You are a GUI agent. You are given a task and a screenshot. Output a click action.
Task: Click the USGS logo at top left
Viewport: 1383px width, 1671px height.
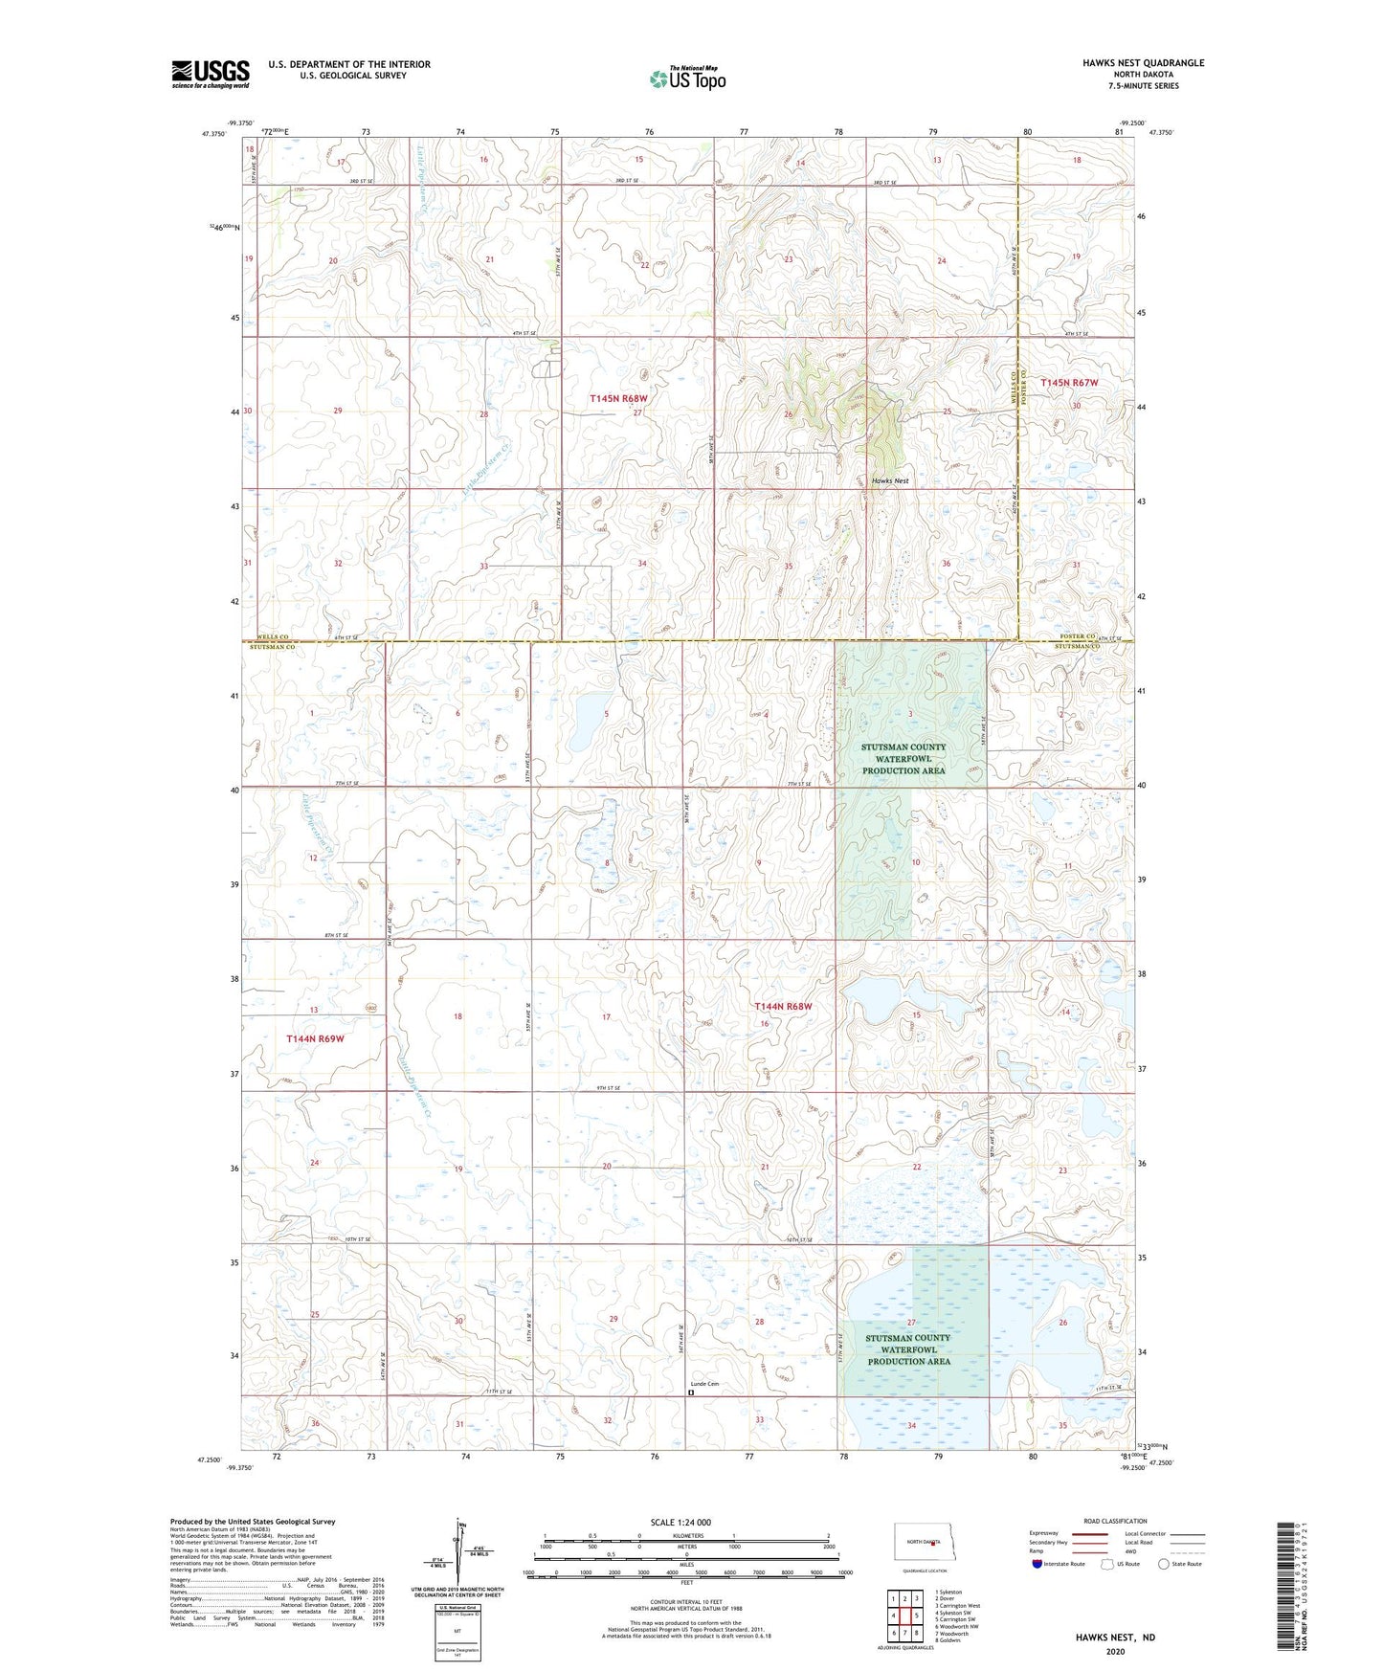click(x=210, y=74)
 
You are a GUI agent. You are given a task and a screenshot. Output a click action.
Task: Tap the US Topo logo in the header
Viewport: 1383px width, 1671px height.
click(x=687, y=78)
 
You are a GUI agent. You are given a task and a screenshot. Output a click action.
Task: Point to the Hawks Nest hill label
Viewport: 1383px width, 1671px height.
click(x=889, y=480)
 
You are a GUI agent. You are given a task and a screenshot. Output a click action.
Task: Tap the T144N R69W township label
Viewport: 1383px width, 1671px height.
click(x=315, y=1038)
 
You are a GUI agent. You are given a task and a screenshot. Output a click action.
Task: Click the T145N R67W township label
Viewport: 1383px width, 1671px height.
click(x=1069, y=382)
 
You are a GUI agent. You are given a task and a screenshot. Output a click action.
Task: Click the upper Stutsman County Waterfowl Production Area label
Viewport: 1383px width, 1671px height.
click(x=903, y=758)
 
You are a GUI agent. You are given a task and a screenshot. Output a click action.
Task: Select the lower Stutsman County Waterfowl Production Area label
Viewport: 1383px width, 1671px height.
click(x=907, y=1348)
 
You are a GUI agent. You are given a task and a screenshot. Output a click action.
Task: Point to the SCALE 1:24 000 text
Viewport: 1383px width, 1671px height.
click(x=680, y=1522)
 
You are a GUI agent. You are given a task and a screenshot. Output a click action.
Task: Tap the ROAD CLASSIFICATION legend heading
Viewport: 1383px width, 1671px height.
click(x=1114, y=1521)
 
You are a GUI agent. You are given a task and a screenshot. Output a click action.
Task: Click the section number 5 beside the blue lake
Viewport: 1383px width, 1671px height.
click(x=606, y=714)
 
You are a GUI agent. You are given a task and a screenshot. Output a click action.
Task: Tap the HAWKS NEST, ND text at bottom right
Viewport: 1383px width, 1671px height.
click(x=1114, y=1638)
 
